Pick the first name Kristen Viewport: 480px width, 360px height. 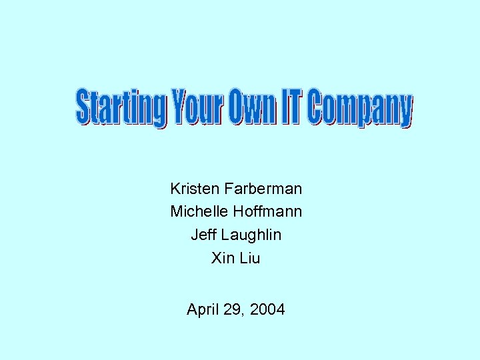coord(193,189)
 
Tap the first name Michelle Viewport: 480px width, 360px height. coord(199,212)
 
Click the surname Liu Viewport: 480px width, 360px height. coord(249,257)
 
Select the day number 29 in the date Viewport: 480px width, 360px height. coord(235,310)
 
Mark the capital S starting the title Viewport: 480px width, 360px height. coord(83,109)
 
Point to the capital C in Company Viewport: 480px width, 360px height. coord(317,109)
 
